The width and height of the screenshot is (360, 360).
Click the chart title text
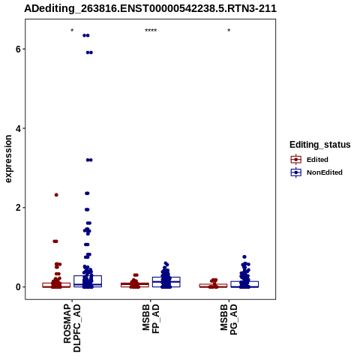tap(150, 8)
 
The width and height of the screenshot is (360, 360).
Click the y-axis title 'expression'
tap(8, 159)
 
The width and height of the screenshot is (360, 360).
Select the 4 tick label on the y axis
tap(18, 128)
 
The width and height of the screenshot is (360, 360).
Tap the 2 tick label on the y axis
tap(18, 208)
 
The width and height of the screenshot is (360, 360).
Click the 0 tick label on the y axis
tap(18, 287)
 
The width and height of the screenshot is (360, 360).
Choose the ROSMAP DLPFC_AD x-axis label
tap(72, 328)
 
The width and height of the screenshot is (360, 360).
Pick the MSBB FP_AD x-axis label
tap(151, 319)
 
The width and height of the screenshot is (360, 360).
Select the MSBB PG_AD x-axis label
tap(229, 319)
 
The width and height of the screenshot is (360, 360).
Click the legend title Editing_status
tap(320, 145)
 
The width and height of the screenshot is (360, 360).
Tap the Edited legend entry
tap(310, 160)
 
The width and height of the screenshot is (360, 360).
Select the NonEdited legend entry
tap(316, 172)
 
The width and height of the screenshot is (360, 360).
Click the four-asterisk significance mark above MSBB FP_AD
tap(151, 31)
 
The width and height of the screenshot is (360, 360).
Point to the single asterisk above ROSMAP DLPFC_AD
tap(72, 31)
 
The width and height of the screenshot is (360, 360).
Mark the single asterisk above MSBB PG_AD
tap(229, 31)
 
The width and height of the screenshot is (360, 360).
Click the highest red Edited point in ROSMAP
tap(56, 195)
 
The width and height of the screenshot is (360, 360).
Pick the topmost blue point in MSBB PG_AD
tap(244, 256)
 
